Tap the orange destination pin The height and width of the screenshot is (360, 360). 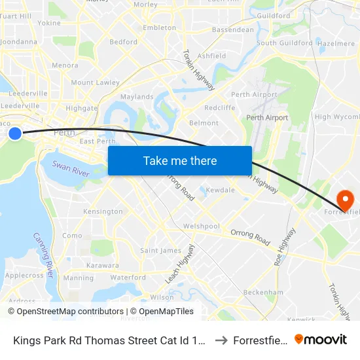(x=344, y=199)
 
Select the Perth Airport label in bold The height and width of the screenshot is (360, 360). (x=267, y=118)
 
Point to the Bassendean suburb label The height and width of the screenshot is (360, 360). (x=233, y=29)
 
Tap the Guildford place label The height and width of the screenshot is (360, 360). (x=274, y=16)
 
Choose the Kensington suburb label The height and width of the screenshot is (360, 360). (x=103, y=211)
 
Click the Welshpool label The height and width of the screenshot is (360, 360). (x=202, y=226)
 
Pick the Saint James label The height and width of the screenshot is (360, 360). (x=160, y=250)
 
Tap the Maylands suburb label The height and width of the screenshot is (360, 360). (x=137, y=97)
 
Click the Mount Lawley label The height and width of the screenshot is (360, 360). (x=95, y=82)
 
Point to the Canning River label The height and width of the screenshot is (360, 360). (x=44, y=255)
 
